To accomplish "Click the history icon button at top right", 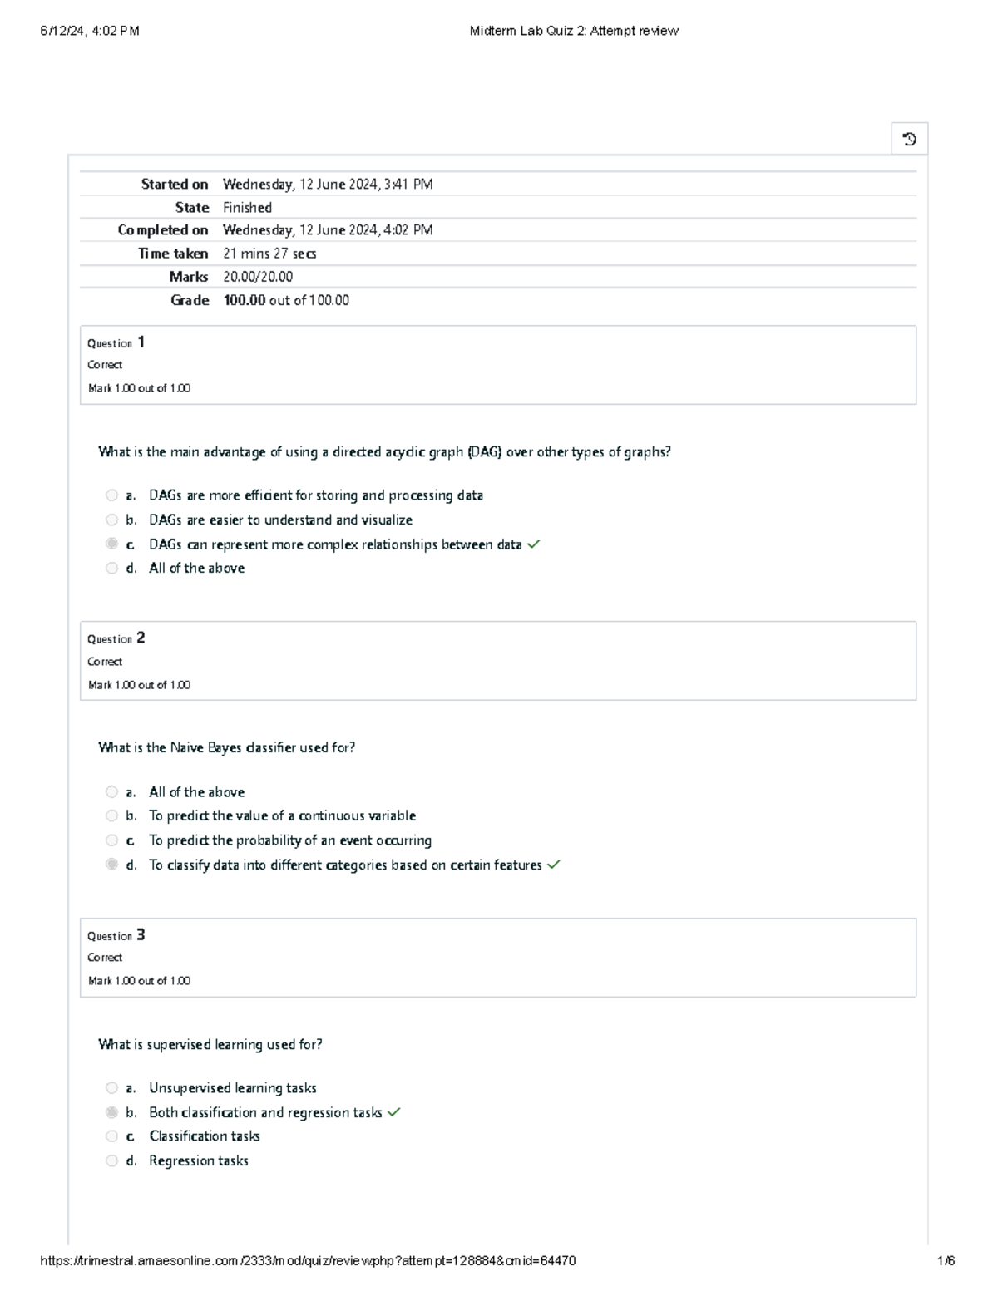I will (909, 139).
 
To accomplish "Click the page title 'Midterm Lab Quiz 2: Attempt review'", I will (574, 31).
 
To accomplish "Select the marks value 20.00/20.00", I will (258, 277).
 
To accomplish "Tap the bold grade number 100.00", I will (245, 300).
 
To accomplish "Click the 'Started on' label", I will (175, 185).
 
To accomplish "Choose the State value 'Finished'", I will (247, 208).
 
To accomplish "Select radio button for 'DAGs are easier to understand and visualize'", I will (111, 520).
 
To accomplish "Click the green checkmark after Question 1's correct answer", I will (534, 544).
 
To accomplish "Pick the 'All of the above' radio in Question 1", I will (111, 569).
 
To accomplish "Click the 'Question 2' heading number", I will (141, 638).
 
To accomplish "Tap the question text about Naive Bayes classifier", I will (226, 747).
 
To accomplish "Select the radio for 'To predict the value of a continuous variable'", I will (111, 815).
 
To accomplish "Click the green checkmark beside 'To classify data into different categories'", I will (554, 865).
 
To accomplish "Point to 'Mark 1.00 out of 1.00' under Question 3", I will (139, 981).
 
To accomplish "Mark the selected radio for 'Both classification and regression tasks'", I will (111, 1112).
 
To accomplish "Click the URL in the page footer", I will (308, 1260).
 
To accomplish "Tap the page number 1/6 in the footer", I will (946, 1260).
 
